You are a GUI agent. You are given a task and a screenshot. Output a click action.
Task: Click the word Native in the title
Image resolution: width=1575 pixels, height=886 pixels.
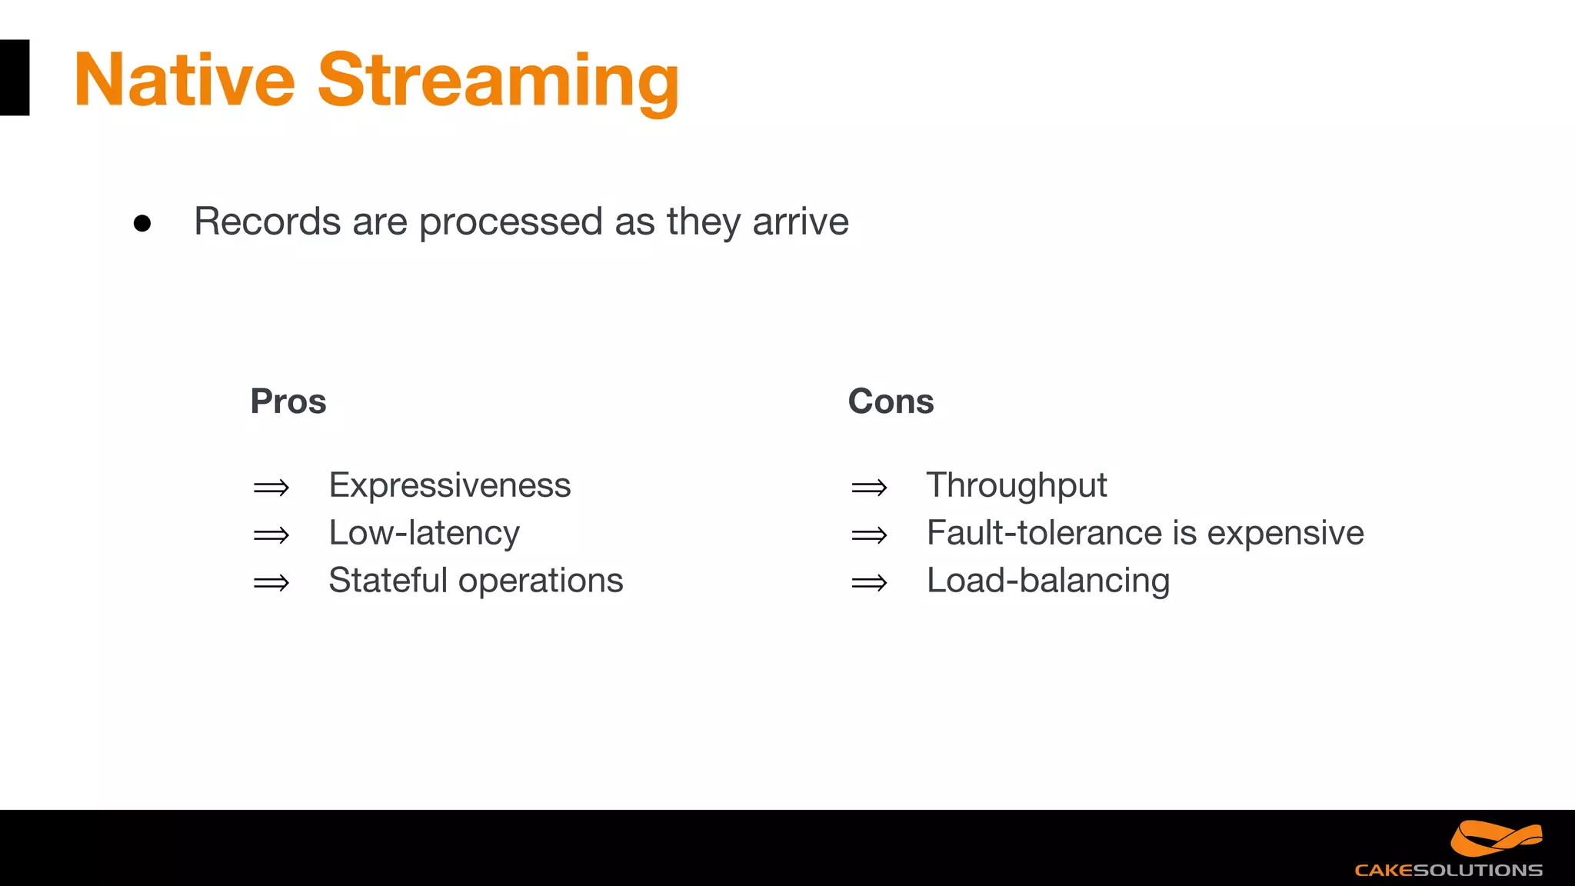[185, 80]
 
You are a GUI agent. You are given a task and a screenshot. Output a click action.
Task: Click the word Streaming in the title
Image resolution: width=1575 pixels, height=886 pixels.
[498, 82]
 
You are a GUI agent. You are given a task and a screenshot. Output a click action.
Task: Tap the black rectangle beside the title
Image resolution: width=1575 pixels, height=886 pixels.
[14, 78]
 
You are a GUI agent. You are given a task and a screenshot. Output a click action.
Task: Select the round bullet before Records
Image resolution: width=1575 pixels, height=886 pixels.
[142, 223]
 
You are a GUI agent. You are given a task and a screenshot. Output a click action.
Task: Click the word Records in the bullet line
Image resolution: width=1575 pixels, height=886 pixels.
[268, 221]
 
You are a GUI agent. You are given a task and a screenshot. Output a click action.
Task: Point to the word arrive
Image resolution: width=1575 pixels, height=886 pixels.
[800, 222]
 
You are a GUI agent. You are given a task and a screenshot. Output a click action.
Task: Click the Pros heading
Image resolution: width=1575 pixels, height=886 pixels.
[288, 401]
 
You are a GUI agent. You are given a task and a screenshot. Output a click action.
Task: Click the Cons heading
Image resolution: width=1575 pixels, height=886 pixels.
[891, 401]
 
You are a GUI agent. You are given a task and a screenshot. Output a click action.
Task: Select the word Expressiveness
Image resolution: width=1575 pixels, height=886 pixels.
[449, 486]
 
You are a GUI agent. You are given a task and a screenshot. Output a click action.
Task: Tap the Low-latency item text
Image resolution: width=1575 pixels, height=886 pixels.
[424, 533]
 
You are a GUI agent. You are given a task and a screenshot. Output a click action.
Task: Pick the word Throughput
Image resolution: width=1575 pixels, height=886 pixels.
[1016, 486]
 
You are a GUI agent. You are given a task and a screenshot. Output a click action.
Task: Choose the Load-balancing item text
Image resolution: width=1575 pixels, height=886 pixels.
[1047, 581]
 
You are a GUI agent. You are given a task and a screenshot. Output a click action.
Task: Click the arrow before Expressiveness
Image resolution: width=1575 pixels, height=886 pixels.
[271, 488]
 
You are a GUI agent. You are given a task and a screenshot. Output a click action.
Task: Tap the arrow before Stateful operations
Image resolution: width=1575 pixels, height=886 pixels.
[271, 583]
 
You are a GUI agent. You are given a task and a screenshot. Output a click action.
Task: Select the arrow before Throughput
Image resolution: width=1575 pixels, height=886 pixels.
[869, 488]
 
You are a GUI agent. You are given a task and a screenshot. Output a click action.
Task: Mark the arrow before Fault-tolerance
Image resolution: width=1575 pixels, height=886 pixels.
[869, 535]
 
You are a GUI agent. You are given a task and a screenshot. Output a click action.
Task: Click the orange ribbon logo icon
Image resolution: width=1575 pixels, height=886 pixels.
[1495, 838]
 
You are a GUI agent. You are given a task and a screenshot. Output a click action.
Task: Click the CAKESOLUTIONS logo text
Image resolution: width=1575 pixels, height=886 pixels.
[1448, 871]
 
